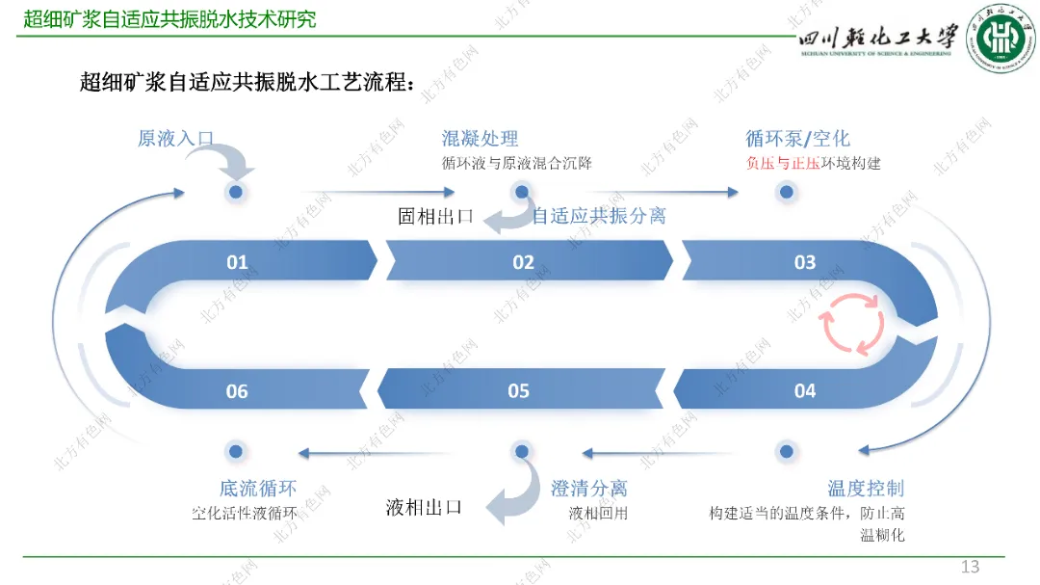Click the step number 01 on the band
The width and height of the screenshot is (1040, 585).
tap(237, 262)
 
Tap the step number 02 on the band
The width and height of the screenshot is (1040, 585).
tap(523, 262)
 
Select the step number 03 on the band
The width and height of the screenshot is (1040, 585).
tap(805, 262)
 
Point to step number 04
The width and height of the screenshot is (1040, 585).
tap(805, 390)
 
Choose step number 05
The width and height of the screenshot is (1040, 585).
tap(519, 390)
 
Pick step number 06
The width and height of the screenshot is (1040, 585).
tap(237, 390)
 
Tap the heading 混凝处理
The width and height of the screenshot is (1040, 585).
tap(480, 139)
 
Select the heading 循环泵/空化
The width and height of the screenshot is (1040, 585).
tap(797, 139)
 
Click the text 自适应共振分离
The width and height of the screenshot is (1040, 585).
tap(599, 215)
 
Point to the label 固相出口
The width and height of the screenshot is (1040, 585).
tap(436, 216)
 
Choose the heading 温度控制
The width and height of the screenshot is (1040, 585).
tap(866, 489)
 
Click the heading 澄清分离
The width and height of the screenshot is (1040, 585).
tap(588, 489)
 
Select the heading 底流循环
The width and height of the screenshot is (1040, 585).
tap(257, 489)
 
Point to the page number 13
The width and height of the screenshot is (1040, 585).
tap(970, 566)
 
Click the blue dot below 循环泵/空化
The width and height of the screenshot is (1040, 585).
tap(787, 192)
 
